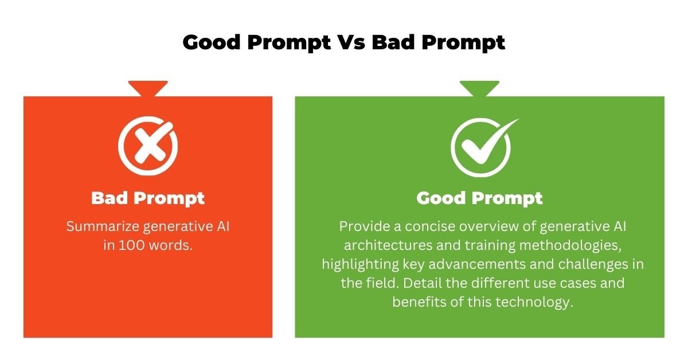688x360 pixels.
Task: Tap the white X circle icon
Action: click(x=148, y=146)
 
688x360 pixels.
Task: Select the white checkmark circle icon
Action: click(x=484, y=147)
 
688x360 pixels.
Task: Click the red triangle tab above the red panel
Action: click(x=148, y=88)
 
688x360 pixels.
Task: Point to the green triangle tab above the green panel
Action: click(x=479, y=88)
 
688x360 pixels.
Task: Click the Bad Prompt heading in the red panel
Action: click(x=148, y=198)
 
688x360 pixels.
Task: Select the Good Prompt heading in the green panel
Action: click(x=479, y=198)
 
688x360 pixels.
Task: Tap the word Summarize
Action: click(x=103, y=226)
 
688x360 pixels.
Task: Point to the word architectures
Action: click(x=388, y=245)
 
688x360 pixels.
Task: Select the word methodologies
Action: click(x=570, y=246)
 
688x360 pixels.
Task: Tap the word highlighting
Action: click(x=360, y=265)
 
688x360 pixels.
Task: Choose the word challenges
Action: click(x=593, y=265)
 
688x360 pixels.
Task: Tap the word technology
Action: click(x=534, y=303)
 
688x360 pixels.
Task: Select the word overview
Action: click(x=489, y=226)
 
